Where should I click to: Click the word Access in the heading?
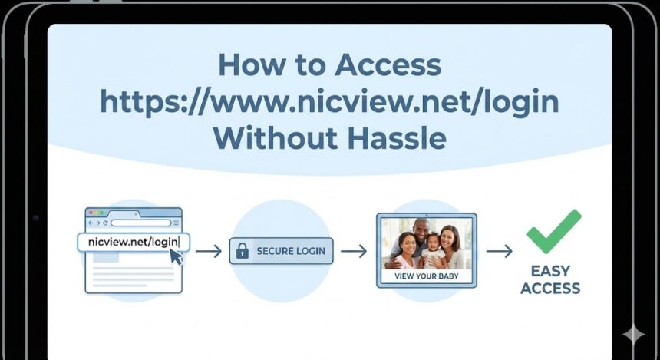click(x=388, y=65)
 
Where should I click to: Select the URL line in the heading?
click(x=329, y=103)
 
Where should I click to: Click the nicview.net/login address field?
click(x=134, y=242)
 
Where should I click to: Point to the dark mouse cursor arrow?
click(x=176, y=256)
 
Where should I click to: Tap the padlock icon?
click(x=243, y=250)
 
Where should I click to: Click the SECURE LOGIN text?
click(x=291, y=251)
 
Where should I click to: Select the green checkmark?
click(x=554, y=232)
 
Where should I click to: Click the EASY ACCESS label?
click(x=550, y=279)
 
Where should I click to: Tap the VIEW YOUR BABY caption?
click(x=427, y=276)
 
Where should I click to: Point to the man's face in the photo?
click(x=421, y=230)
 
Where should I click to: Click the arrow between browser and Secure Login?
click(x=208, y=251)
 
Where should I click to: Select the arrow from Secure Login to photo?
click(x=354, y=251)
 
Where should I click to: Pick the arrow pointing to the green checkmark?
click(x=499, y=251)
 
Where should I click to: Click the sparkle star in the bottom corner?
click(x=633, y=335)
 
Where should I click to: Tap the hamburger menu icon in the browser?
click(x=176, y=223)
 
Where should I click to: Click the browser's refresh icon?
click(x=105, y=223)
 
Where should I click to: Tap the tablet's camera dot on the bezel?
click(x=36, y=218)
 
